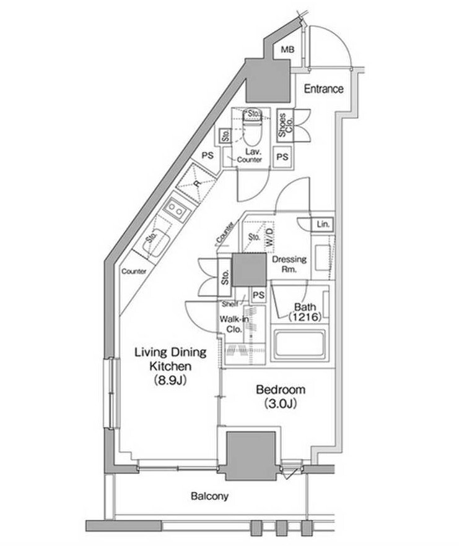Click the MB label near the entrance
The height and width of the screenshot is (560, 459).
[x=287, y=50]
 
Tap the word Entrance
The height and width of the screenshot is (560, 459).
[x=323, y=88]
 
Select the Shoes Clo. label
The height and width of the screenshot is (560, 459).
[x=286, y=125]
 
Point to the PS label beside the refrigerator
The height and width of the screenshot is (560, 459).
[x=208, y=155]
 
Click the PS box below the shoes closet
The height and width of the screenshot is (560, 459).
[x=282, y=157]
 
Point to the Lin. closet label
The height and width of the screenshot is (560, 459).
[x=323, y=224]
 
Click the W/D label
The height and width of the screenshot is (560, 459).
[x=269, y=236]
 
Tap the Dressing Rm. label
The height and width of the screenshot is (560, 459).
[x=289, y=264]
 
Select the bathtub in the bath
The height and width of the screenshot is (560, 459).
[x=300, y=345]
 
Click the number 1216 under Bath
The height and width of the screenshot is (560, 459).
[x=305, y=316]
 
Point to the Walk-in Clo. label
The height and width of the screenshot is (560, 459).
[x=235, y=324]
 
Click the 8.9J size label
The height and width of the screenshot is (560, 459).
[x=170, y=381]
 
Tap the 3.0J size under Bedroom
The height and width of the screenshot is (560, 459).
[x=281, y=403]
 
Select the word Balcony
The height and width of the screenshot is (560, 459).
[x=209, y=496]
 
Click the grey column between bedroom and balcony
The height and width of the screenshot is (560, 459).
[x=251, y=455]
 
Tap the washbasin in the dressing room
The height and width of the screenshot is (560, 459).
[x=323, y=258]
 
